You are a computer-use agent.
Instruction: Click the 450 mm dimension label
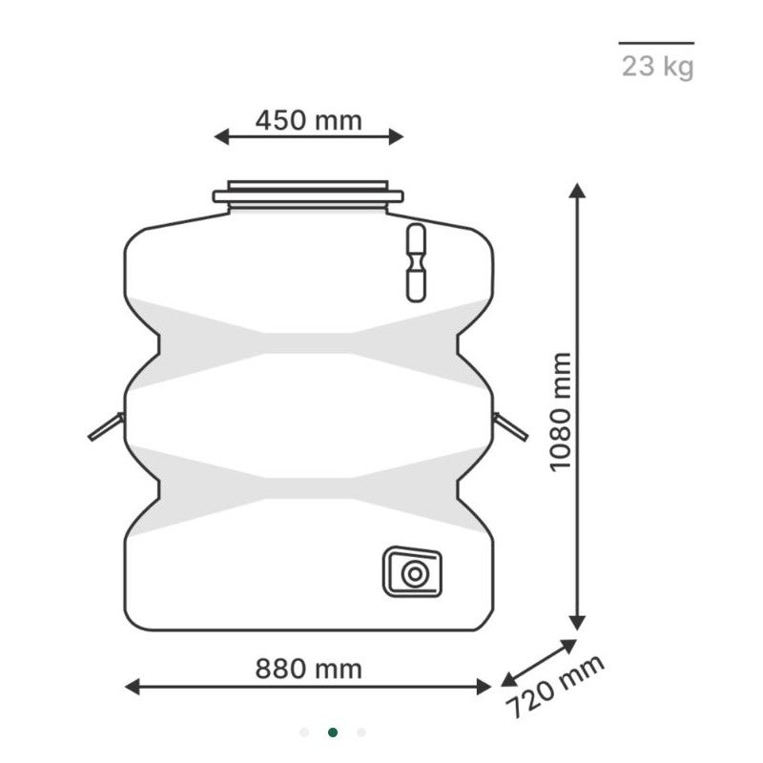tap(308, 120)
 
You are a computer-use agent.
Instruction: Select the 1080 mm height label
tap(560, 412)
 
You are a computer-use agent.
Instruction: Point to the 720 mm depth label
tap(555, 687)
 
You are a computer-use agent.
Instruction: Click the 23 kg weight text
tap(657, 67)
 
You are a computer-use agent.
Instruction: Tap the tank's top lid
tap(308, 196)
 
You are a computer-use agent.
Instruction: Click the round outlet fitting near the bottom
tap(414, 573)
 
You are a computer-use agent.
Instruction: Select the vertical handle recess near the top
tap(416, 263)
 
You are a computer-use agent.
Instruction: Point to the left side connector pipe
tap(107, 426)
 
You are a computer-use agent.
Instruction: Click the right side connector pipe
tap(510, 426)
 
